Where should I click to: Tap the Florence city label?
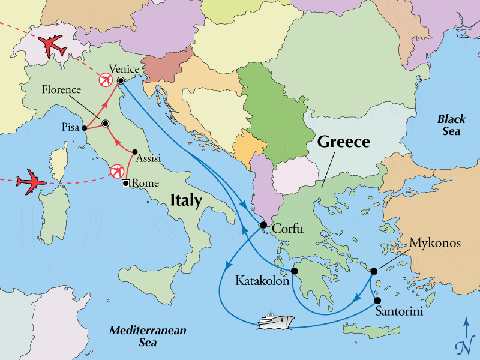click(x=61, y=90)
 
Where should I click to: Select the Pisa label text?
click(x=70, y=128)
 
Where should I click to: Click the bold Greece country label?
click(x=343, y=142)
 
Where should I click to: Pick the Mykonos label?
click(x=435, y=243)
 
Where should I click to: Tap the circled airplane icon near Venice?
click(x=106, y=80)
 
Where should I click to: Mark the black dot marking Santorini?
click(x=378, y=300)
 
